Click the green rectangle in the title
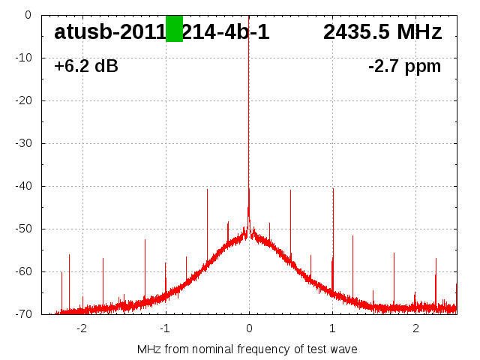[x=174, y=28]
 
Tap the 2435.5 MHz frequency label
[x=382, y=32]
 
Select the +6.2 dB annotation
[x=86, y=66]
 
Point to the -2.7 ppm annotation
[x=405, y=66]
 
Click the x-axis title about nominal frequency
[x=247, y=349]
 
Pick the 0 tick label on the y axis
[x=27, y=14]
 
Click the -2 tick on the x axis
[x=82, y=328]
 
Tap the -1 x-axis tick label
[x=165, y=328]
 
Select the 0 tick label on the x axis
[x=249, y=328]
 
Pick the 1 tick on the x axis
[x=332, y=328]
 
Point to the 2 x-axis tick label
[x=415, y=328]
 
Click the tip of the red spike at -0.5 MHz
[x=207, y=190]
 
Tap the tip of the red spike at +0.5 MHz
[x=290, y=190]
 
